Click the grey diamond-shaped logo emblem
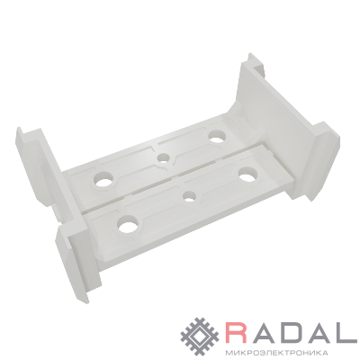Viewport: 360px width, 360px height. coord(201,333)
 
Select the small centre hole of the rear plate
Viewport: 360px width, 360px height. coord(164,157)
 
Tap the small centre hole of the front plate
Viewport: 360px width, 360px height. coord(190,197)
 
